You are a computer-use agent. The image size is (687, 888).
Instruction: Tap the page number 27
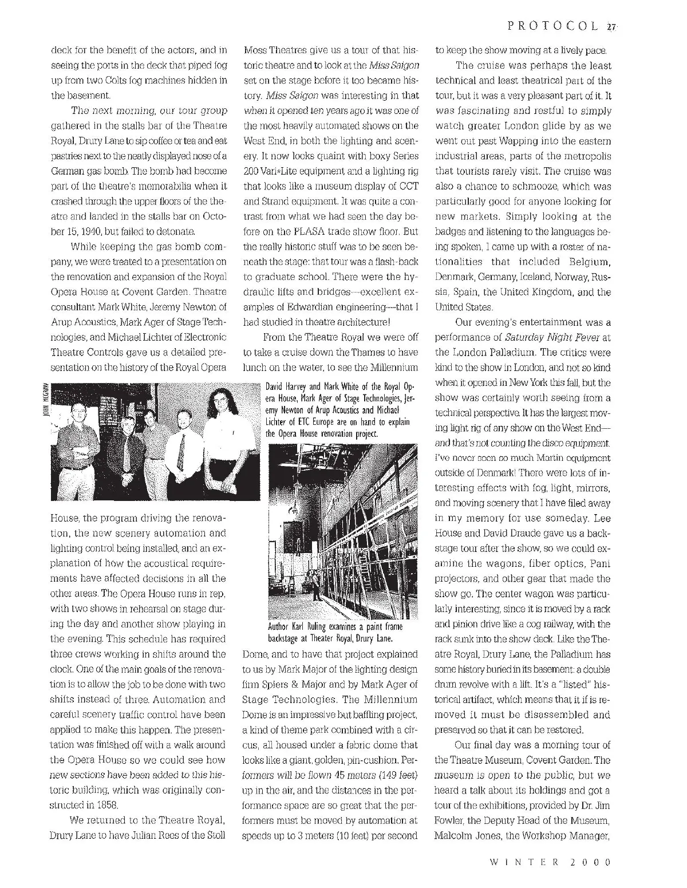[611, 26]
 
